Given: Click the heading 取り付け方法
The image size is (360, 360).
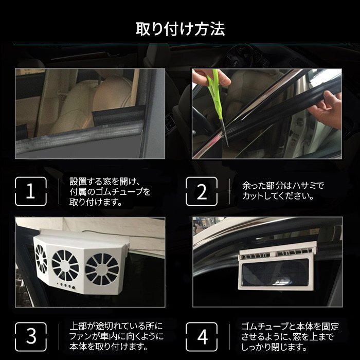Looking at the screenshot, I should (x=179, y=29).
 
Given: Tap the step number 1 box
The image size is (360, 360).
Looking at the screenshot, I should (x=30, y=192).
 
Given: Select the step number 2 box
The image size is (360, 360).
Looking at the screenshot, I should (x=202, y=192).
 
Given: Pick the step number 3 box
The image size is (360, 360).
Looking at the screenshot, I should (x=30, y=337).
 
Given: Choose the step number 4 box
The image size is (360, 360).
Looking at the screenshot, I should (x=202, y=337).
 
